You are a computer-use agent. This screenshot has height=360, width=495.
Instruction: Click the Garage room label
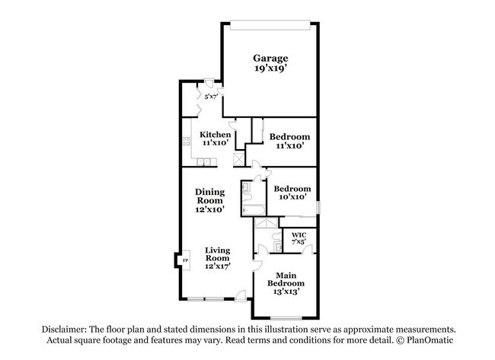(270, 59)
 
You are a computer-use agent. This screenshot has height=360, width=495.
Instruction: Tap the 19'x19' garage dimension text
(270, 68)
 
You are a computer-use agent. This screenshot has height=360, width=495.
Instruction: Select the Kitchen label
(215, 135)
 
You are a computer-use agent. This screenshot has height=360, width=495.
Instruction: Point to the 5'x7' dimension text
(211, 97)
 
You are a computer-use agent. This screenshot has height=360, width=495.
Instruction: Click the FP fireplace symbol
(186, 260)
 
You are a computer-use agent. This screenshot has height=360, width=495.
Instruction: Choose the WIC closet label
(299, 235)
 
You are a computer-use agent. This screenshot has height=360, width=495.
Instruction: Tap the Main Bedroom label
(286, 279)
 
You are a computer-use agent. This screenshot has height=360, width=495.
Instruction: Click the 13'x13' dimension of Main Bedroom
(286, 292)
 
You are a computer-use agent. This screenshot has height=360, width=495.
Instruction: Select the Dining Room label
(209, 196)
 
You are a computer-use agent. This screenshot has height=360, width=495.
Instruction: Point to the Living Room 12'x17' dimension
(218, 266)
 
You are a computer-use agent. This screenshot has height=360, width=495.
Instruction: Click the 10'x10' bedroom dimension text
(292, 197)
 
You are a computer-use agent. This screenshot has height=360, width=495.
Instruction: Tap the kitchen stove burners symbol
(187, 141)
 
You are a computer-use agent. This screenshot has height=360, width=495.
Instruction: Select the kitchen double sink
(203, 162)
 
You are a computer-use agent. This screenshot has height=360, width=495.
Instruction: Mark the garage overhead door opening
(270, 25)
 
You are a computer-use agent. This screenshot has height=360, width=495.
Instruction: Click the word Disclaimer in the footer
(63, 330)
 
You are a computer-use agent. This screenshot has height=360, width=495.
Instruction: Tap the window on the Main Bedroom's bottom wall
(286, 317)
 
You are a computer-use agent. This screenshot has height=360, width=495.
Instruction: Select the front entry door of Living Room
(241, 296)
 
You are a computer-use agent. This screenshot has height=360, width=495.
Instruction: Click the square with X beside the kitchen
(239, 159)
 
